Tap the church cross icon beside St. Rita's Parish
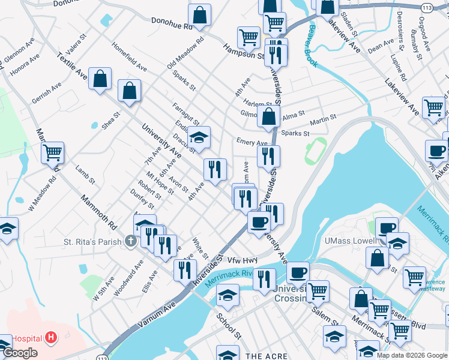pos(130,241)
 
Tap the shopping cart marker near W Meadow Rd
pos(53,153)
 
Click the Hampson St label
pos(244,53)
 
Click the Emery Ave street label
pos(252,142)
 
